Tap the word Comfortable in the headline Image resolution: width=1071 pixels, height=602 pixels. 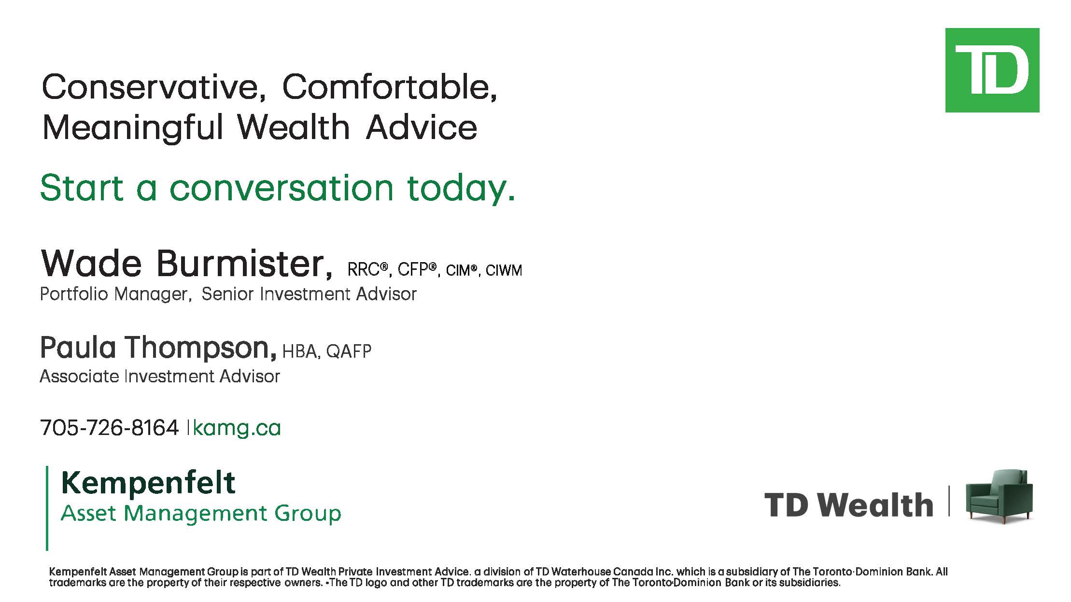tap(389, 87)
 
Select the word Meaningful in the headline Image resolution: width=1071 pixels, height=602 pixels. tap(133, 127)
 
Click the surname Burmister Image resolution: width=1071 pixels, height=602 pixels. tap(244, 264)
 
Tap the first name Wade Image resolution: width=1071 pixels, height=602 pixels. tap(91, 264)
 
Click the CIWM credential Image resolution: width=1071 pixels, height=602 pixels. tap(504, 270)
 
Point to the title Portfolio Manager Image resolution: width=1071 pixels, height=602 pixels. tap(114, 294)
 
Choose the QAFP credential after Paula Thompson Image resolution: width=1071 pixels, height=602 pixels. tap(349, 351)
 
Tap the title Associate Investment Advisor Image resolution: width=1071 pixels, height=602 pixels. tap(160, 376)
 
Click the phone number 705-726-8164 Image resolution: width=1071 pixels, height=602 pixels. tap(109, 428)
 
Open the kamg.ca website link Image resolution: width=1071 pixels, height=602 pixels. tap(237, 428)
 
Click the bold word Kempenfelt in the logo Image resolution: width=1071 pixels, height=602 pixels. tap(148, 483)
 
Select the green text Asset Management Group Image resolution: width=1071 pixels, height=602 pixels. tap(201, 513)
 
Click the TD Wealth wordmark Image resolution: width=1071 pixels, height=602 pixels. tap(848, 505)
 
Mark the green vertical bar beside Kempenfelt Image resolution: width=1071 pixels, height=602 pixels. tap(47, 508)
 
